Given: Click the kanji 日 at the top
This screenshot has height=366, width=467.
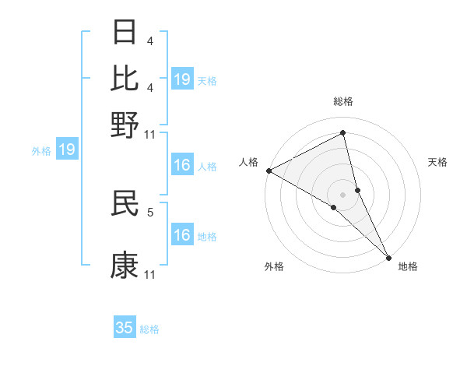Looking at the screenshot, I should coord(125,33).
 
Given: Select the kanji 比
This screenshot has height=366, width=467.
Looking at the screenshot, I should coord(125,78).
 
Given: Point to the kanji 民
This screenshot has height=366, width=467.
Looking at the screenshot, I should coord(125,204).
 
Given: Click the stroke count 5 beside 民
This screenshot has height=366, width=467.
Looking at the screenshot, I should coord(150,210).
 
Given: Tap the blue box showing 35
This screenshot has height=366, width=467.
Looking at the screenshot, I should coord(125,328).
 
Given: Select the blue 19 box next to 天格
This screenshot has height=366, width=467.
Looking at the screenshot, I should coord(181,79).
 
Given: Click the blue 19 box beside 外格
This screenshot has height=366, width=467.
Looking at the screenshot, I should coord(67,150).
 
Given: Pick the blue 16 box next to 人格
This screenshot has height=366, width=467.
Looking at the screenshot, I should coord(181,165).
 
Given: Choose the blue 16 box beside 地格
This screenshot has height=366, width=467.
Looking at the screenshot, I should coord(181,235).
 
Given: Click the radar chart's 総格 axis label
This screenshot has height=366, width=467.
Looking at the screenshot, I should coord(342,101).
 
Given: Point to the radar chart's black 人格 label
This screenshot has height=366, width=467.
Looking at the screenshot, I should coord(249,162).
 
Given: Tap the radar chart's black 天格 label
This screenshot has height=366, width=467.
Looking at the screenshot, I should coord(437,162).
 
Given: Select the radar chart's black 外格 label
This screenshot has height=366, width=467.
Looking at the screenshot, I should coord(274,266).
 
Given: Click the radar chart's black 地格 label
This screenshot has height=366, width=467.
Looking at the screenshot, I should coord(408,266).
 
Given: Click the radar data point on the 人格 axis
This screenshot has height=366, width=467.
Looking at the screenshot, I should coord(269,171).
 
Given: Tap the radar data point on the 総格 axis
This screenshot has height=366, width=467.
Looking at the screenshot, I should coord(342,133).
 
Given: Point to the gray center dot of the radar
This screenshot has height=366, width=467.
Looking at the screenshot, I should coord(342,194).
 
